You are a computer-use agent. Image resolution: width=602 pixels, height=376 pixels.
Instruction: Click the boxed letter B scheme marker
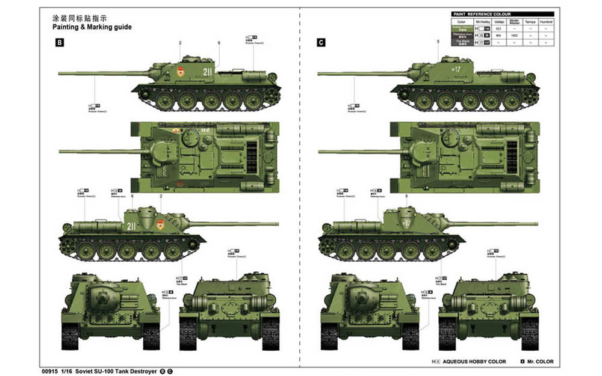tap(60, 43)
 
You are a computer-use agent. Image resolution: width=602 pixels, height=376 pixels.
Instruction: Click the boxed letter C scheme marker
tap(321, 43)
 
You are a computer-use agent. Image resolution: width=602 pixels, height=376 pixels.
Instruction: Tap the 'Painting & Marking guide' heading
tap(92, 27)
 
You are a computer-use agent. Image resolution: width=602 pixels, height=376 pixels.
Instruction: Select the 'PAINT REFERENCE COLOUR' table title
tap(482, 14)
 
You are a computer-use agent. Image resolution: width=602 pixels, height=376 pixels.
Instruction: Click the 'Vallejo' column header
tap(498, 21)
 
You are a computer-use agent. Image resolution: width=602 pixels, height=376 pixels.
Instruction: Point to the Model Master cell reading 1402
tap(514, 35)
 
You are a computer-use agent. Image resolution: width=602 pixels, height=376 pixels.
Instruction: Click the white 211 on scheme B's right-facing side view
tap(131, 226)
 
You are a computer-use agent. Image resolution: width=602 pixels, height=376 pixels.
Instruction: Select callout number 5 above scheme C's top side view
tap(438, 41)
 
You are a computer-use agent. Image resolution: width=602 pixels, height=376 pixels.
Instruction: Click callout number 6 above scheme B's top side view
tap(219, 43)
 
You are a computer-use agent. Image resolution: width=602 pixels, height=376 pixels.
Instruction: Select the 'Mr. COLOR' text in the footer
tap(541, 362)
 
